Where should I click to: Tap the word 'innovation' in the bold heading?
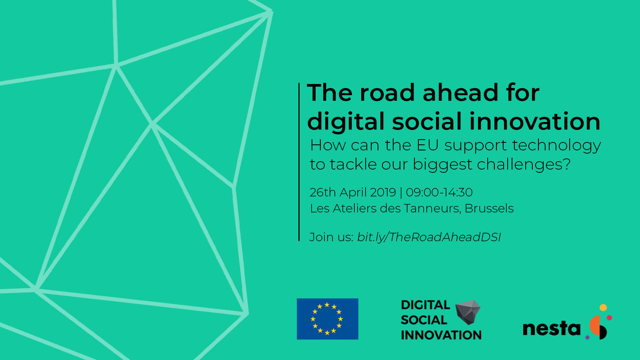tap(535, 122)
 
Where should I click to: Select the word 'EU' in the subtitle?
tap(428, 145)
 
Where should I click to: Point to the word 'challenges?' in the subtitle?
tap(524, 164)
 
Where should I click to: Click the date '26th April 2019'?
tap(353, 192)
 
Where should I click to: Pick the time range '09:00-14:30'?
tap(439, 192)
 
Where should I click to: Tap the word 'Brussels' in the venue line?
tap(489, 208)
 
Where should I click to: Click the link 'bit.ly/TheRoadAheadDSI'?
tap(429, 237)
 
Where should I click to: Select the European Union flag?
tap(328, 319)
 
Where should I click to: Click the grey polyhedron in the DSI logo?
tap(468, 312)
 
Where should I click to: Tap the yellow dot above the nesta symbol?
tap(603, 308)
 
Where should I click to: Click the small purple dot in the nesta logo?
tap(588, 338)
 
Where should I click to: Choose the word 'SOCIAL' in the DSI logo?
tap(424, 320)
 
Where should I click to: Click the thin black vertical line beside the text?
tap(299, 162)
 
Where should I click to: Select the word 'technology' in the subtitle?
tap(556, 146)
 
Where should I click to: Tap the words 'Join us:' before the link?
tap(332, 237)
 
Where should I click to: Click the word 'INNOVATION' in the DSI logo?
tap(441, 335)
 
